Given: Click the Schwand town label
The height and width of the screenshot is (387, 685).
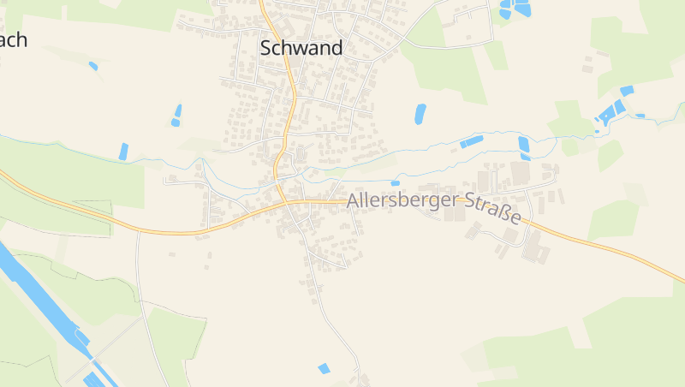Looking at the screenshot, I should [301, 48].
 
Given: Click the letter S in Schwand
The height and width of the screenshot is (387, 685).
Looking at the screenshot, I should [265, 48].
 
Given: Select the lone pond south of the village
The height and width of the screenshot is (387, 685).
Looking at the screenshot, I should [324, 368].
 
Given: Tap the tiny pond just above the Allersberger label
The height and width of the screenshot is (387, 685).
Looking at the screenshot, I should [395, 182].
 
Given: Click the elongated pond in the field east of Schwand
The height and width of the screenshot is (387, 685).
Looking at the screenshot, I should [420, 114].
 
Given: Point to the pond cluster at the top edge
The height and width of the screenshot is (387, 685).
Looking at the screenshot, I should [514, 9].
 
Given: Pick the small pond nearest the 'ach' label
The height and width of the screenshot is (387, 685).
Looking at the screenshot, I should [92, 66].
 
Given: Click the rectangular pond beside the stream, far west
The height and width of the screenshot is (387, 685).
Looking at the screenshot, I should [123, 152].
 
